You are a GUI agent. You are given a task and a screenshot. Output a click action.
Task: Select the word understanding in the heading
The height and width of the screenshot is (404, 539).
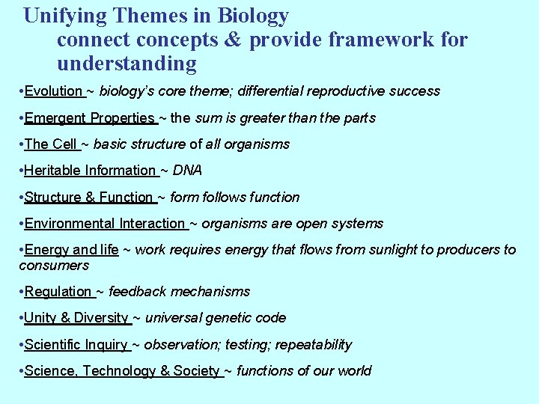[x=127, y=64]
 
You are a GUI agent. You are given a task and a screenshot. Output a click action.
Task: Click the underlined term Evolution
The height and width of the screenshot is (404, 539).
[x=53, y=91]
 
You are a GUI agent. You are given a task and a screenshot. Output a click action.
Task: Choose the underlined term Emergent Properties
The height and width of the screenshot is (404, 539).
[x=89, y=118]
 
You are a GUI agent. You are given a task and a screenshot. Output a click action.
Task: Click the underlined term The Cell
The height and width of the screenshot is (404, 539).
[x=50, y=144]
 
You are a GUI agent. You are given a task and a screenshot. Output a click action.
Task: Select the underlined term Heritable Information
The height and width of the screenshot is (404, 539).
[x=89, y=171]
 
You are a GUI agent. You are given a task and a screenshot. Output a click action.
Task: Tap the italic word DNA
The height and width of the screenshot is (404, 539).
[x=187, y=171]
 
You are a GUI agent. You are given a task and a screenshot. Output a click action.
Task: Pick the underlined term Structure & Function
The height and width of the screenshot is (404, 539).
[x=88, y=198]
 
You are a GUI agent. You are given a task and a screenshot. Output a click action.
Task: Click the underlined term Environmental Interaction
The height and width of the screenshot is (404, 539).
[x=104, y=224]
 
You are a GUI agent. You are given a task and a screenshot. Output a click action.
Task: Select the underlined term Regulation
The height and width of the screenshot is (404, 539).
[x=58, y=292]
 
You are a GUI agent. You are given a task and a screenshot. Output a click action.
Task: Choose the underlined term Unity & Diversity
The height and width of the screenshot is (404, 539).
[x=76, y=318]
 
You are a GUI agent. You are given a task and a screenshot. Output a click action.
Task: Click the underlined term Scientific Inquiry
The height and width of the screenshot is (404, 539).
[x=76, y=345]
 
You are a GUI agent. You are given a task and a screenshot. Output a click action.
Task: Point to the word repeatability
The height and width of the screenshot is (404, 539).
[x=314, y=345]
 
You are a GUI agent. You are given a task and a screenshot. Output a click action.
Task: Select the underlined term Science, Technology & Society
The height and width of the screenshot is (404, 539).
[x=122, y=371]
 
